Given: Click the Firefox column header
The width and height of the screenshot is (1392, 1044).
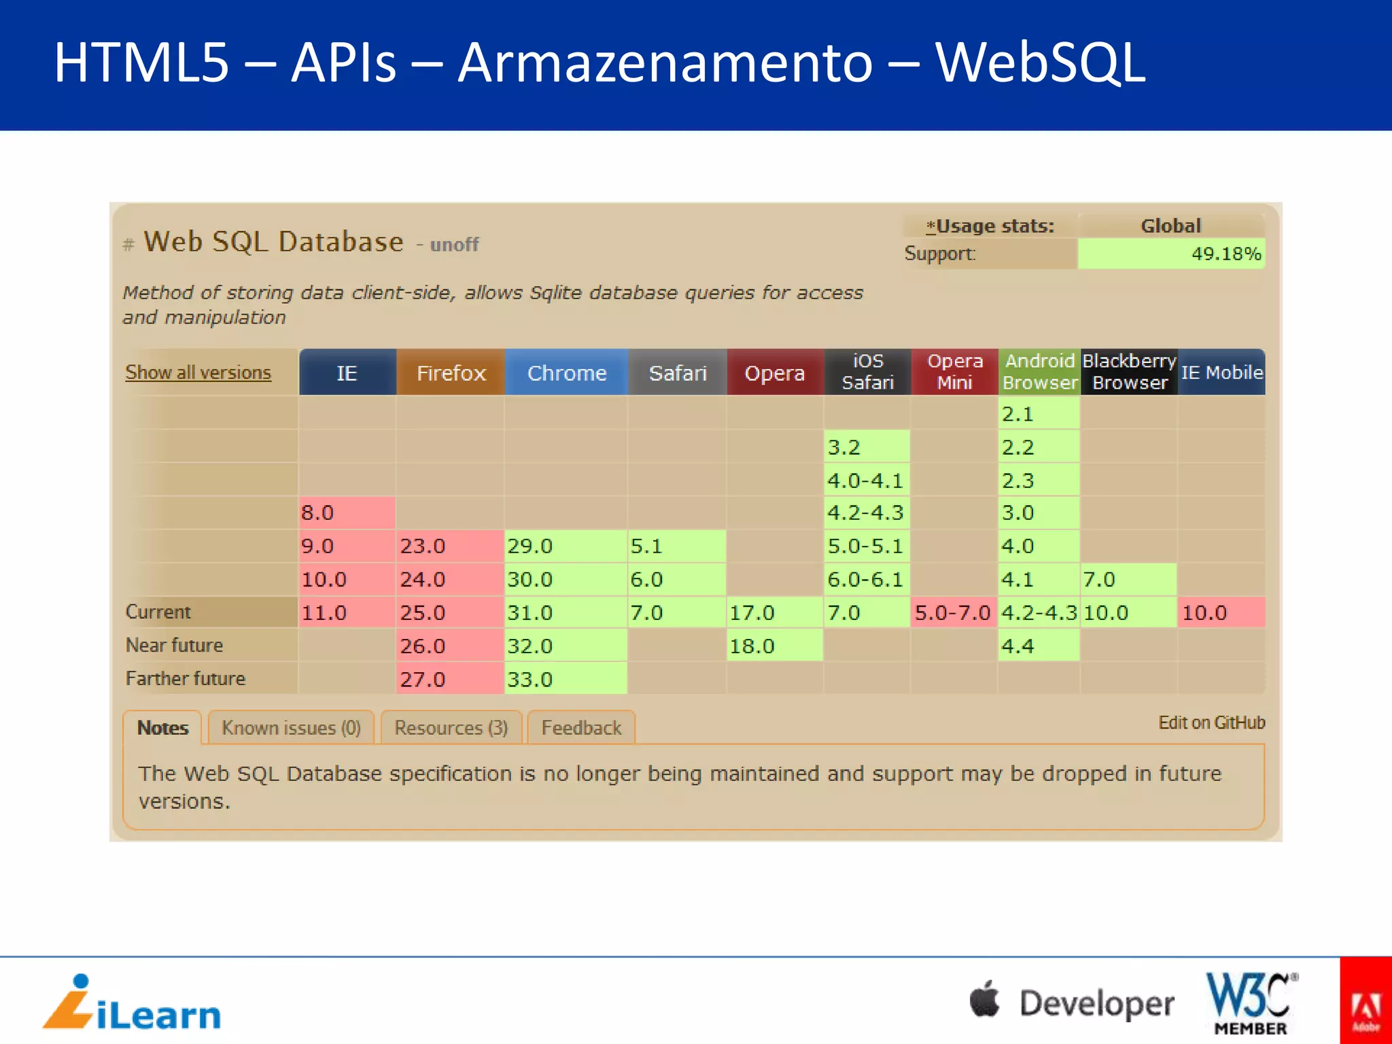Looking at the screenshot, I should (451, 372).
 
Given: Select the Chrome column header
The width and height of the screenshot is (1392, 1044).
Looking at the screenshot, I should (566, 372).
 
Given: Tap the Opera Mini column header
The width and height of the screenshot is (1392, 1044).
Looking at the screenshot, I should (954, 372).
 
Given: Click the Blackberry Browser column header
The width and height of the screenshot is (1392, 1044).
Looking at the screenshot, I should (1129, 372).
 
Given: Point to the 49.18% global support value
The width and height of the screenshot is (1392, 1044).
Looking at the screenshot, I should (1225, 254).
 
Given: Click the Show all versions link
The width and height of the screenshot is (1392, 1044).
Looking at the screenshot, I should (198, 372).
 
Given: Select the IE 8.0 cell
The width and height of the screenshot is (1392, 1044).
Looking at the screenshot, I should (347, 512).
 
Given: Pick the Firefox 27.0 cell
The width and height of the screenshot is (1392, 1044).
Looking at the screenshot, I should (449, 679).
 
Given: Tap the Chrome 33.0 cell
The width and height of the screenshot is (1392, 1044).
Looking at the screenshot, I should (565, 679).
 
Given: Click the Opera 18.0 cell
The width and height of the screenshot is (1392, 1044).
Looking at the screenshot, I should (775, 646).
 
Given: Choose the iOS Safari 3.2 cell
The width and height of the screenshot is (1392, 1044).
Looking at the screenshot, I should (867, 447).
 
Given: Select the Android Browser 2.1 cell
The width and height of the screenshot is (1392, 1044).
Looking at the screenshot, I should (1039, 414).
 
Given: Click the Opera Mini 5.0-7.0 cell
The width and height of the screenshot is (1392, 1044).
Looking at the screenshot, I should (953, 612).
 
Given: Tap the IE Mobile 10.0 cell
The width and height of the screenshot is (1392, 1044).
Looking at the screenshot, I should (1221, 612).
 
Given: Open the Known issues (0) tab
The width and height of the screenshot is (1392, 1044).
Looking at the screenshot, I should (291, 728).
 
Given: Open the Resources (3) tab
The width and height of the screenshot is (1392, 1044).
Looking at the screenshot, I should (451, 728).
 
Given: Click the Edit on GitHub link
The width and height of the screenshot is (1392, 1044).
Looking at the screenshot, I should (1211, 723).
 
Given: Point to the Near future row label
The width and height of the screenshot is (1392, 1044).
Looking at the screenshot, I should (175, 645).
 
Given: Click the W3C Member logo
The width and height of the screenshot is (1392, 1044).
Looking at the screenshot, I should (1251, 1003).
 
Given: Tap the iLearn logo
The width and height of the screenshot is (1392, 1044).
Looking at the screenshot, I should (133, 1003).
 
